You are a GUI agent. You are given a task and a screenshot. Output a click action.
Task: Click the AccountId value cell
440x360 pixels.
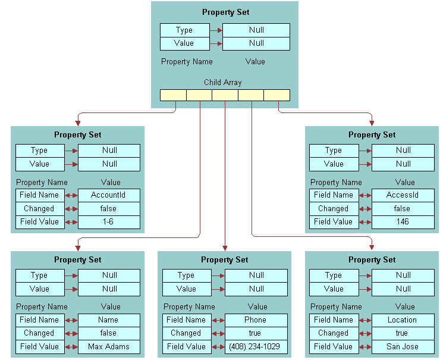click(x=109, y=195)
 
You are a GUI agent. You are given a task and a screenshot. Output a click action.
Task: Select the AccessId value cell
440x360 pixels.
click(x=403, y=195)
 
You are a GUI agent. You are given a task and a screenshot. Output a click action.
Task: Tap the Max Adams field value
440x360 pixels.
click(x=109, y=347)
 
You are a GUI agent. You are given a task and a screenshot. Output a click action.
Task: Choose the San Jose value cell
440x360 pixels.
click(x=403, y=347)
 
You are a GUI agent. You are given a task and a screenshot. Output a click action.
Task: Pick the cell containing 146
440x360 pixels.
click(x=403, y=222)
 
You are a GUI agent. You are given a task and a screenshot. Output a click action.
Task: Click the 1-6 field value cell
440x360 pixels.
click(x=109, y=222)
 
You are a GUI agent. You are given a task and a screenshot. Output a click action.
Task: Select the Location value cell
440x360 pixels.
click(x=403, y=320)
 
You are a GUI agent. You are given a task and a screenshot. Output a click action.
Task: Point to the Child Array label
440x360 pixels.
click(x=223, y=83)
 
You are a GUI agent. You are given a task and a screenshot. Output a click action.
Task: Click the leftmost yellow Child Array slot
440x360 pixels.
click(x=173, y=95)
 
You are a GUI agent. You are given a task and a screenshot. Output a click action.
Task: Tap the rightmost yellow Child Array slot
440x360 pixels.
click(x=277, y=95)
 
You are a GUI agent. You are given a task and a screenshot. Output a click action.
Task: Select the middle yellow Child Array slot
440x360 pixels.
click(x=225, y=95)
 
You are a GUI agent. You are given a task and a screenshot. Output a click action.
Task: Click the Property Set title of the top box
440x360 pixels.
click(x=226, y=12)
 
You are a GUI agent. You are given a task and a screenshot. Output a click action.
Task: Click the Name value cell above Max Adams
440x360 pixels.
click(x=109, y=320)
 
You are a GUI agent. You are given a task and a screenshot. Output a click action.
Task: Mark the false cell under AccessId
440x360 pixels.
click(x=403, y=209)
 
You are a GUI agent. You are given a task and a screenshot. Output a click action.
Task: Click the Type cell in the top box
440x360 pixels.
click(x=184, y=30)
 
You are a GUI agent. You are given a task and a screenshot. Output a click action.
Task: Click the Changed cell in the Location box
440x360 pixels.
click(x=333, y=333)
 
